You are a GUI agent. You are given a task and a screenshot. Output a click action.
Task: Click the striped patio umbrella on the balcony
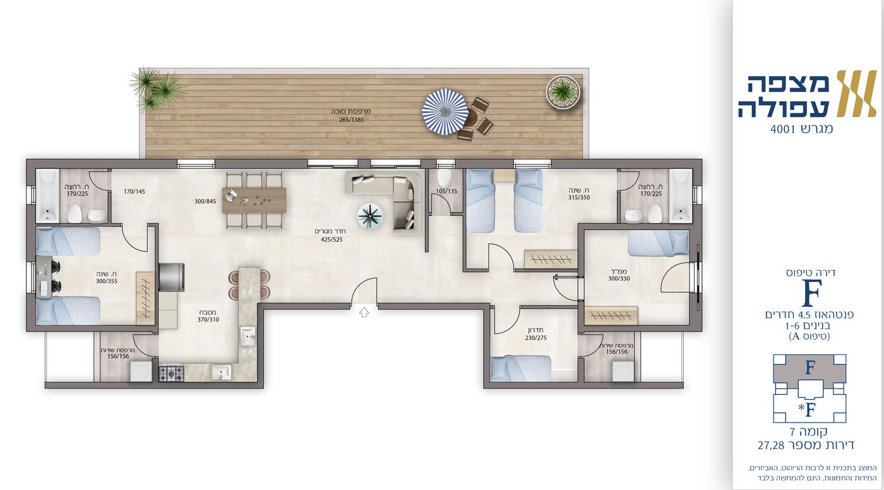[445, 112]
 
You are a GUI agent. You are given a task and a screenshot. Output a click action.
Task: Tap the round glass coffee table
[370, 216]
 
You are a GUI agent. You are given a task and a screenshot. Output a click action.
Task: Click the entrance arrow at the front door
[364, 312]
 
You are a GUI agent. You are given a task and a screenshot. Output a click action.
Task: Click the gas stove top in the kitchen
[171, 373]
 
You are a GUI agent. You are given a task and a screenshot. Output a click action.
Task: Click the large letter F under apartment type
[811, 293]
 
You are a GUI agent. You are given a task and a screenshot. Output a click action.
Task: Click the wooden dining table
[254, 201]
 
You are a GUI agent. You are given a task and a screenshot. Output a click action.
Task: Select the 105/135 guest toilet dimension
[446, 191]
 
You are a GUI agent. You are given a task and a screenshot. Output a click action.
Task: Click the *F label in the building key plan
[807, 409]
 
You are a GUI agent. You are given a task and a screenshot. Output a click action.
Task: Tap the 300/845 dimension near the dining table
[205, 201]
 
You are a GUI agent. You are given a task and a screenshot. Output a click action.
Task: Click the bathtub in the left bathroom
[48, 195]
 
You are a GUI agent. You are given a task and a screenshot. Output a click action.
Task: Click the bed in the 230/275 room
[520, 368]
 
